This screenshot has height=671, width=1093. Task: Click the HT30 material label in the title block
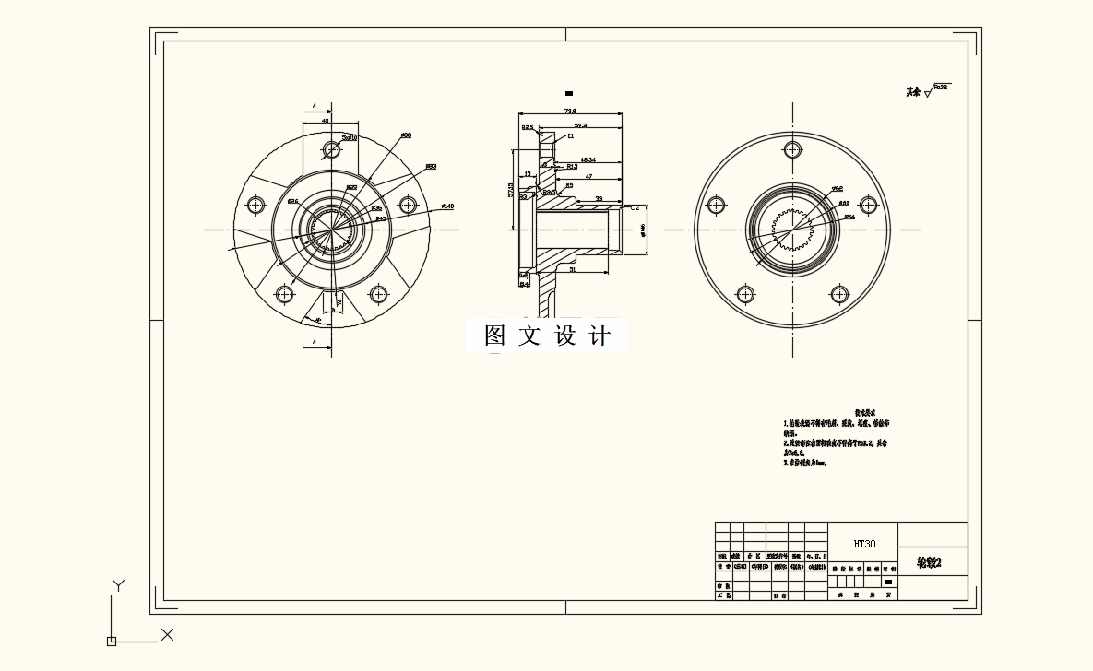point(863,544)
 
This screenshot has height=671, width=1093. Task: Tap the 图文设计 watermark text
point(547,336)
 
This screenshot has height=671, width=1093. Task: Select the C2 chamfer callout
point(635,208)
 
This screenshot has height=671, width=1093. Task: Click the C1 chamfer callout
point(570,135)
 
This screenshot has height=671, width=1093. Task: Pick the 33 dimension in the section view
point(599,198)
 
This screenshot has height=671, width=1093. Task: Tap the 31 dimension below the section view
point(572,270)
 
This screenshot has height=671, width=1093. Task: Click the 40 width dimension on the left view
point(325,120)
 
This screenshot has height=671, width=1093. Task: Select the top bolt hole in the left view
point(331,149)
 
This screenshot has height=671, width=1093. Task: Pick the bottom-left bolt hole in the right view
point(744,295)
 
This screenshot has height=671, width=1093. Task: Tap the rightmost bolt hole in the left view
point(407,204)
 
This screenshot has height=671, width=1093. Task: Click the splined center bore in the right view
point(792,230)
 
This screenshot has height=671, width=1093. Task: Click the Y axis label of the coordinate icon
point(117,584)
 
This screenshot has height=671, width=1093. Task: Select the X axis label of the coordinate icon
point(167,634)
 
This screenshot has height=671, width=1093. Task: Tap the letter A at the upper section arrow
point(315,106)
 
